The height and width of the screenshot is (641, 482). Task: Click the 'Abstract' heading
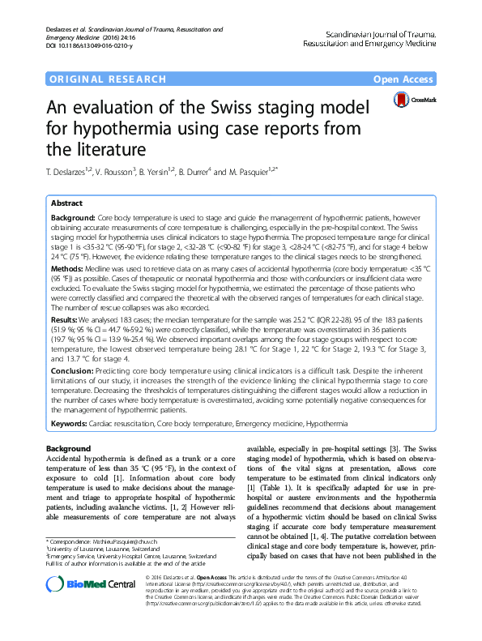point(66,203)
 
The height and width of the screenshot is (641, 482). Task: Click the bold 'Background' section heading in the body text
point(68,448)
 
